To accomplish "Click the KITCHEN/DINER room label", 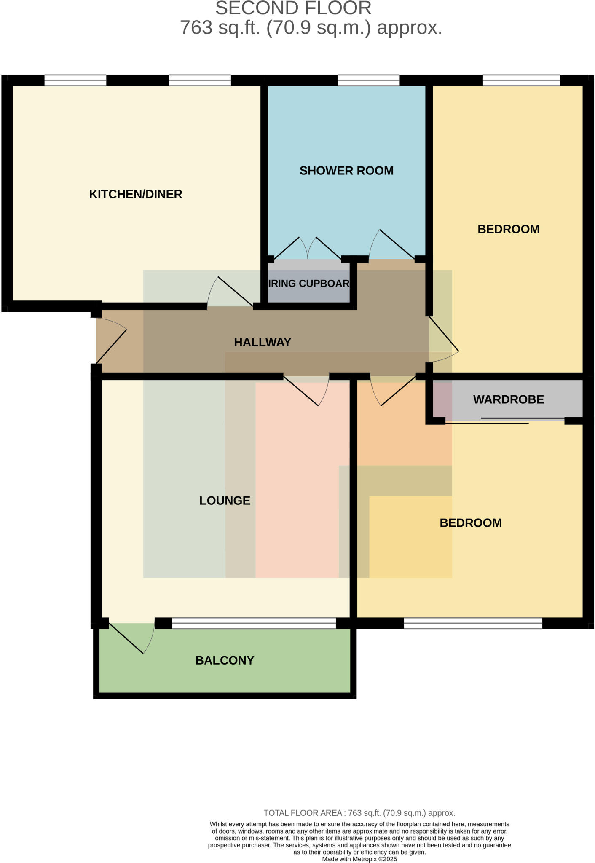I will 135,194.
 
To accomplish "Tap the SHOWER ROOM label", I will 346,171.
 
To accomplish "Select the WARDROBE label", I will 508,399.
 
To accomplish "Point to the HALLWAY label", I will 263,342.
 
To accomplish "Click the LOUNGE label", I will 225,501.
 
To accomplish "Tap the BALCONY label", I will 225,660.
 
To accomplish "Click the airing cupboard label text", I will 309,284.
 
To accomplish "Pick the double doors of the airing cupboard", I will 308,249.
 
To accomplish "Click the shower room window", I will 368,80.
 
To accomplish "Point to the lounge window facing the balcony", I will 254,623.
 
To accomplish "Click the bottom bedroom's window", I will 473,623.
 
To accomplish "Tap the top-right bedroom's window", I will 521,80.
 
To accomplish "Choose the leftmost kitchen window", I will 75,80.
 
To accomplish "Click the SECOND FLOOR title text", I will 293,8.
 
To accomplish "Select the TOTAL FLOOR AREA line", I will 359,813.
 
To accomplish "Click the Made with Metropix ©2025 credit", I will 359,859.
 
